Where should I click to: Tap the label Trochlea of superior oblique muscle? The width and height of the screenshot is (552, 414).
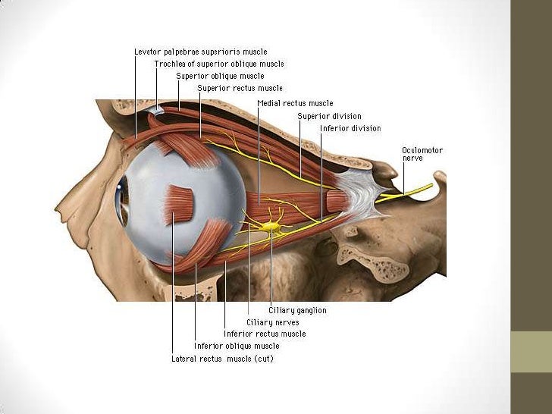coord(219,64)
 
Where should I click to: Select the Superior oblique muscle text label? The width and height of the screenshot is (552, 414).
coord(220,77)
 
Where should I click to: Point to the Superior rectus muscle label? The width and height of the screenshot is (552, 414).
coord(240,88)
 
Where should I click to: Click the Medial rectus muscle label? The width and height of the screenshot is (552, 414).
coord(295,103)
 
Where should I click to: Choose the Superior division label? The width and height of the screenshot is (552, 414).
coord(329,116)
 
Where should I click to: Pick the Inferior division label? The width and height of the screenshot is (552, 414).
coord(350,128)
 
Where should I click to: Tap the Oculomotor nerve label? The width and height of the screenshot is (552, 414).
coord(422,155)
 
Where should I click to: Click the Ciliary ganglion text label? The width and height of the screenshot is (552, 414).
coord(297,310)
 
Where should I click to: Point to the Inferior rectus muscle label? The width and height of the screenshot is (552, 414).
coord(265,334)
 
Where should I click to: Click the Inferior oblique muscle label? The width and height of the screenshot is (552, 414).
coord(237,346)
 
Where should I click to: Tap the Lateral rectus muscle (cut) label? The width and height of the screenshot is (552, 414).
coord(221,358)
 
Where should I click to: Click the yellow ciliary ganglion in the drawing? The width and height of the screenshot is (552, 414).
coord(270,227)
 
